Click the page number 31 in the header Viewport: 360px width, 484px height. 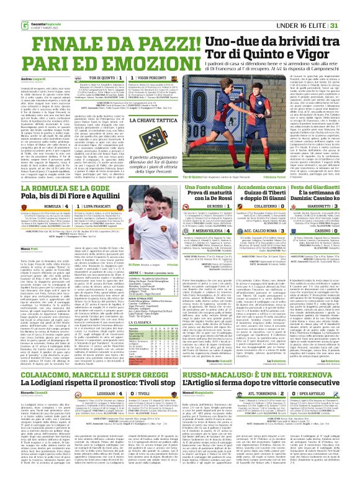point(351,7)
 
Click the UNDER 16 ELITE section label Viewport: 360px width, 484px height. point(302,7)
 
